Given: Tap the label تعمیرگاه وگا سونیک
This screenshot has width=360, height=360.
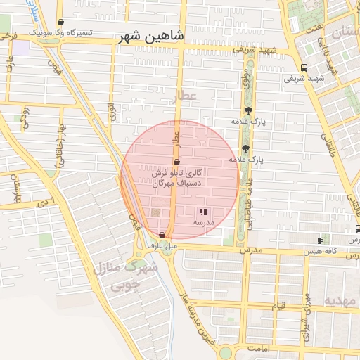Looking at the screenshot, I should [x=60, y=32].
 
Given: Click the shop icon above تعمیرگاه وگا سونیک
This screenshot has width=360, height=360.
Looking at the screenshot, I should [x=60, y=22].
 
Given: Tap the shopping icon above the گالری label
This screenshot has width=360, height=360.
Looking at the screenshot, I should [x=176, y=162].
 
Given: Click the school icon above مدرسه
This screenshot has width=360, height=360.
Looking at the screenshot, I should [x=203, y=211].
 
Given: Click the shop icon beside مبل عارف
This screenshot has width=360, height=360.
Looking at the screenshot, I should [x=162, y=235].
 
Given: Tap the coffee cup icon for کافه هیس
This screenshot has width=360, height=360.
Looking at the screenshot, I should [x=320, y=240].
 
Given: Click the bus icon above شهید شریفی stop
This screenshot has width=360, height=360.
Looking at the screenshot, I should [x=304, y=67].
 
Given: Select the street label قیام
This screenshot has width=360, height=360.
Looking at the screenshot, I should [x=278, y=306].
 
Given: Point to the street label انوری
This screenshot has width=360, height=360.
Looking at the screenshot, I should [x=112, y=112].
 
